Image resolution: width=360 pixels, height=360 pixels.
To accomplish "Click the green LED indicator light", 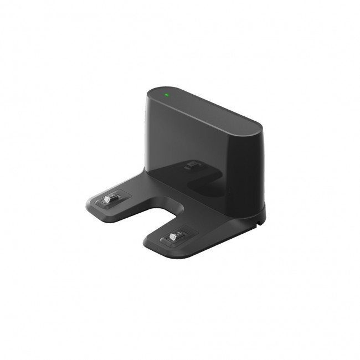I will click(166, 94).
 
